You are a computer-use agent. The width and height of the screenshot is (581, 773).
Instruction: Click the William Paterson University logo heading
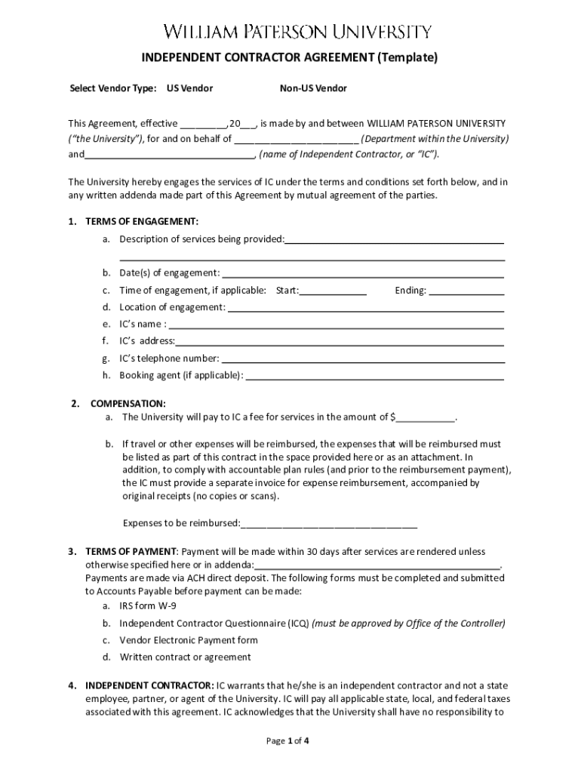pos(299,32)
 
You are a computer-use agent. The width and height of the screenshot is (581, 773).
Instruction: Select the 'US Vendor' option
pos(189,88)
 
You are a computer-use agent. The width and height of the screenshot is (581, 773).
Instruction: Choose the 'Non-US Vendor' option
pos(313,88)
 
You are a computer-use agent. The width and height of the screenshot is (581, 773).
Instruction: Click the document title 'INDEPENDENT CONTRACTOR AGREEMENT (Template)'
pos(290,57)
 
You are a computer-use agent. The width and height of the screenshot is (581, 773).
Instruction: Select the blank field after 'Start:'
pos(333,291)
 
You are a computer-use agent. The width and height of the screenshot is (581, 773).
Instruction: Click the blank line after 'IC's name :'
pos(336,325)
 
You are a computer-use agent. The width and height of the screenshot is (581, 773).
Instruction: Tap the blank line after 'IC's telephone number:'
pos(362,359)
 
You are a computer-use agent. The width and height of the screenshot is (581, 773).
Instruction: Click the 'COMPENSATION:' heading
pos(128,404)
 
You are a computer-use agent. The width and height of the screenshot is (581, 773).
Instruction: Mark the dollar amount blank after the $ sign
pos(426,417)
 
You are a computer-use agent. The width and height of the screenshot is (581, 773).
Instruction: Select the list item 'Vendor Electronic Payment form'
pos(189,640)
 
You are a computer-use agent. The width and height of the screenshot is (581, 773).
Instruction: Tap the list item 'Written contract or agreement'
pos(185,657)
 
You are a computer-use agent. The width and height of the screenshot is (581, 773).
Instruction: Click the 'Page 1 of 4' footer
pos(288,741)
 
